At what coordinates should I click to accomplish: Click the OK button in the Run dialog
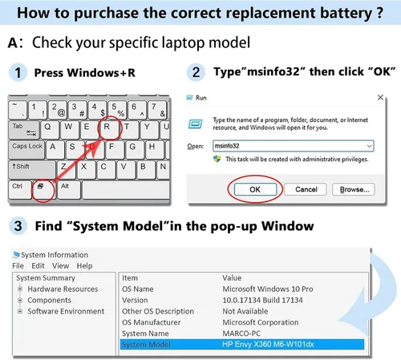coord(255,189)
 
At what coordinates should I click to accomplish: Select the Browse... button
coord(354,189)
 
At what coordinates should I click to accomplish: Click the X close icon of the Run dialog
coord(380,98)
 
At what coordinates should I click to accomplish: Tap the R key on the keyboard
coord(108,129)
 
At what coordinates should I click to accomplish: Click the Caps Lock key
coord(26,150)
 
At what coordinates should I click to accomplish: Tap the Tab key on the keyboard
coord(24,130)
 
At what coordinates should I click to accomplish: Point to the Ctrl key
coord(20,189)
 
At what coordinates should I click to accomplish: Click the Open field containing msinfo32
coord(293,146)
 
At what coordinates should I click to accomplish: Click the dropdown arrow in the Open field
coord(369,146)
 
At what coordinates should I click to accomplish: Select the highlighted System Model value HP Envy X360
coord(268,344)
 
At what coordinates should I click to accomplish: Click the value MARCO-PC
coord(241,334)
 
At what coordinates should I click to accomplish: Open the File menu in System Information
coord(18,265)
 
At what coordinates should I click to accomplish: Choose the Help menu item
coord(84,265)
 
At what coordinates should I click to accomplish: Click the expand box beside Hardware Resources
coord(20,289)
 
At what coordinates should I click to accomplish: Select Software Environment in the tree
coord(66,311)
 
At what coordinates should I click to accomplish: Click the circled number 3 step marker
coord(18,226)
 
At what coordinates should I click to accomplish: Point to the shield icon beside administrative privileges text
coord(217,159)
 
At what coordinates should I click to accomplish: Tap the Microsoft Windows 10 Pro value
coord(268,289)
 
